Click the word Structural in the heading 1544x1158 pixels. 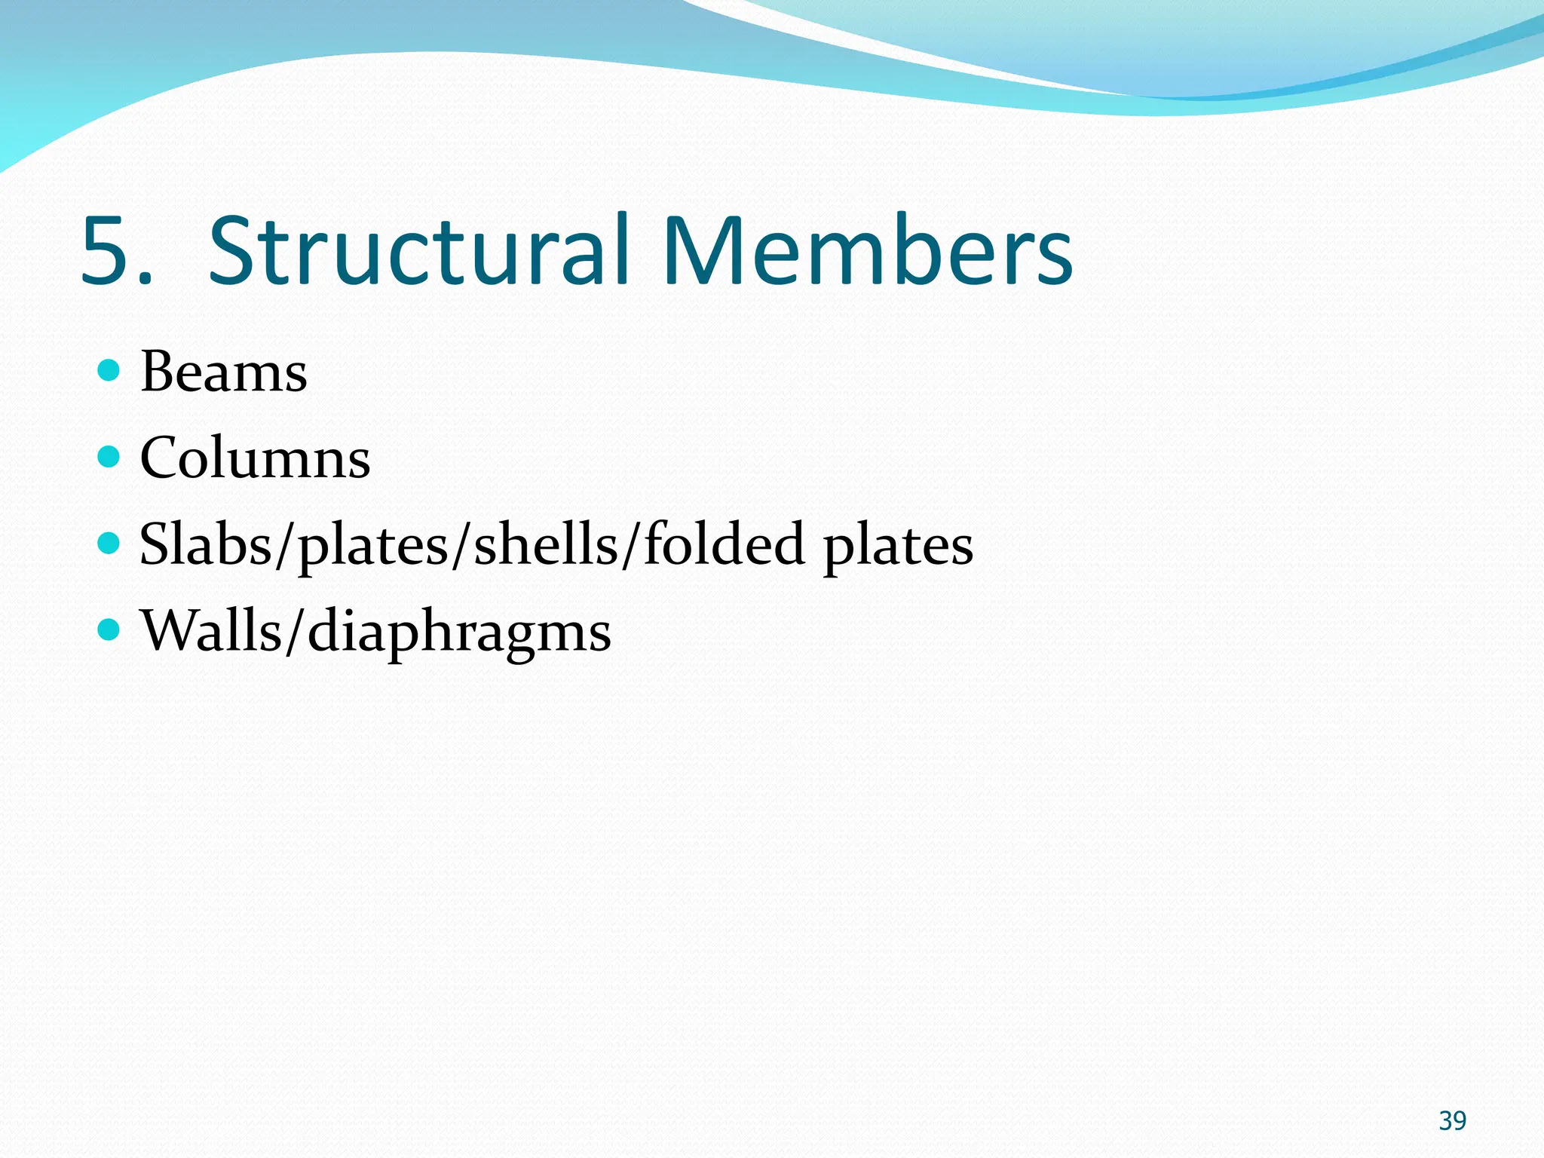419,251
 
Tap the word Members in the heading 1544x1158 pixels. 868,251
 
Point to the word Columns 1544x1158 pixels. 255,458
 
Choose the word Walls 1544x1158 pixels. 211,630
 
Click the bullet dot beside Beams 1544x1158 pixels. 109,370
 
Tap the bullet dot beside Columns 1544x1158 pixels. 109,456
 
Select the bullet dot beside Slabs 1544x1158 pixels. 109,543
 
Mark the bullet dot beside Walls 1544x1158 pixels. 109,629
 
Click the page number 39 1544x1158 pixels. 1452,1121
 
